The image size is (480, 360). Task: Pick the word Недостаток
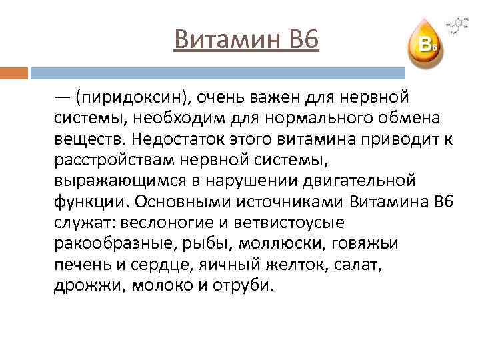pos(181,140)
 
